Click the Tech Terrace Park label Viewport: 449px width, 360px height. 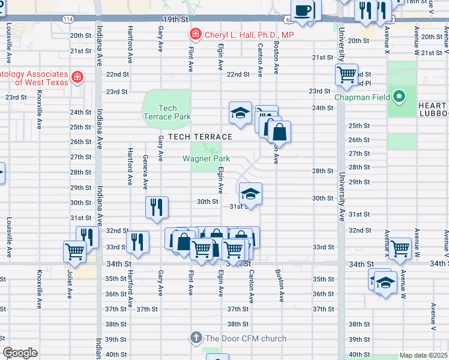click(x=167, y=112)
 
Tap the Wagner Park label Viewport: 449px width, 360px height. click(x=207, y=158)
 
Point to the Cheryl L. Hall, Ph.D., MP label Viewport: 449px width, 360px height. click(x=249, y=35)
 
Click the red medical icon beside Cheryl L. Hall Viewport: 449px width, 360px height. click(x=194, y=34)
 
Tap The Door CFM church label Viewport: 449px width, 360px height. click(x=246, y=338)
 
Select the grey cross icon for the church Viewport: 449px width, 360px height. click(x=196, y=338)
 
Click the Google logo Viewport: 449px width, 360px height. click(x=20, y=353)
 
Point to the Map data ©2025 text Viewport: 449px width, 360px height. click(x=423, y=355)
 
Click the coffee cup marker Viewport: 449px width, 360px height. click(x=305, y=11)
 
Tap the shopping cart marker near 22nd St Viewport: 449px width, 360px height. click(x=347, y=75)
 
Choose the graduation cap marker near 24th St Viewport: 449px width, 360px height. click(x=240, y=113)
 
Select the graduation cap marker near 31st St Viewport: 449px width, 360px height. click(x=250, y=193)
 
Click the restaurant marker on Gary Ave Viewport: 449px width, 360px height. click(x=156, y=207)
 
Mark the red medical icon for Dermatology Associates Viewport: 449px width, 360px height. click(x=77, y=77)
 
